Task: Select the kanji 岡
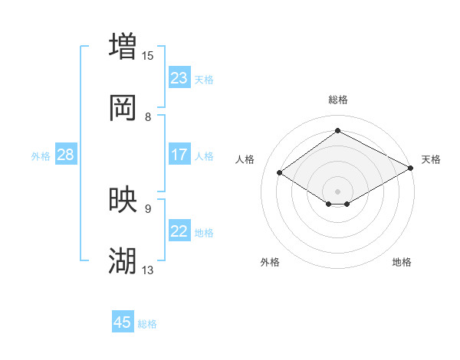tap(123, 108)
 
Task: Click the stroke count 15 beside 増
tap(148, 55)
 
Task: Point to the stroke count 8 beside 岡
tap(148, 116)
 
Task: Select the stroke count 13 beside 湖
tap(148, 270)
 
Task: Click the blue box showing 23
tap(179, 78)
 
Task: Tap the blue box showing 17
tap(179, 155)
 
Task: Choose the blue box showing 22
tap(179, 231)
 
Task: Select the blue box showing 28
tap(66, 155)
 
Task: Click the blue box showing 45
tap(123, 322)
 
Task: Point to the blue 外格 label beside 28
tap(41, 155)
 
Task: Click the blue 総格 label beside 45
tap(147, 323)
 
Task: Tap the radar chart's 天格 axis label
tap(431, 159)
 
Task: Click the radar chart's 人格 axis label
tap(245, 159)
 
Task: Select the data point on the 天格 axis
tap(412, 169)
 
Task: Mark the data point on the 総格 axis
tap(337, 130)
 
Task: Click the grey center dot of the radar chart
tap(337, 191)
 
